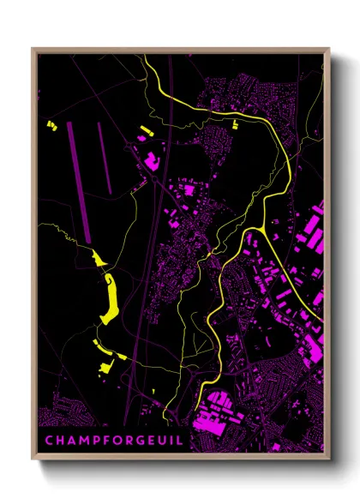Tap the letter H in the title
coord(58,442)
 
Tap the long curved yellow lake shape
coord(110,296)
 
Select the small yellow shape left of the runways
coord(51,127)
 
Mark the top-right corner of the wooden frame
coord(330,49)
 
